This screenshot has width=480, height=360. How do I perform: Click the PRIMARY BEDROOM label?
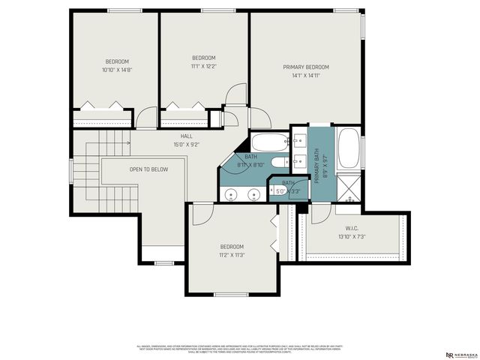(x=305, y=67)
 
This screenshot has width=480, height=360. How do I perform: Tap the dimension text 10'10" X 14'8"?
(x=116, y=70)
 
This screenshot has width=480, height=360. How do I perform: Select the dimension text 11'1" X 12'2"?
(x=203, y=66)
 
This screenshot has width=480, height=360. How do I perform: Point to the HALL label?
(x=186, y=136)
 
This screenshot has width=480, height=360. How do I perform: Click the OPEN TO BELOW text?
(x=148, y=169)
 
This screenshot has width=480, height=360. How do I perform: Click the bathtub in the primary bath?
(x=349, y=149)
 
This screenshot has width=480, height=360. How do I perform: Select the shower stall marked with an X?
(x=349, y=186)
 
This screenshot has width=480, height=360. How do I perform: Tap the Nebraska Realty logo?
(x=459, y=354)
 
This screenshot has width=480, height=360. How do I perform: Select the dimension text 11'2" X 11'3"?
(x=232, y=255)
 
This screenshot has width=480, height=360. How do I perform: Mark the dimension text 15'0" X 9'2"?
(x=186, y=144)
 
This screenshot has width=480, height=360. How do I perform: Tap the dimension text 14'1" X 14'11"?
(x=305, y=75)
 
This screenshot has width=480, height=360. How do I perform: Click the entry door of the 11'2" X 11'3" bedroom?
(x=201, y=214)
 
